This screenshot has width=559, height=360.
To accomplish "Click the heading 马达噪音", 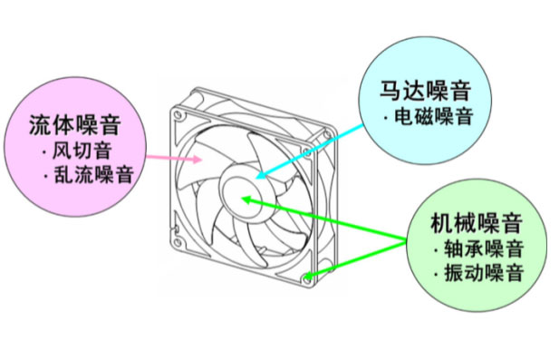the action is pyautogui.click(x=424, y=91).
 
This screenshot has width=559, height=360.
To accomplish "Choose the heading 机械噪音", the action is pyautogui.click(x=477, y=222).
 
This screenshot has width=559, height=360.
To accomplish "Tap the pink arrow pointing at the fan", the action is pyautogui.click(x=172, y=156).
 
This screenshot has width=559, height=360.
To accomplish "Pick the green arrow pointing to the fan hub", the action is pyautogui.click(x=326, y=218).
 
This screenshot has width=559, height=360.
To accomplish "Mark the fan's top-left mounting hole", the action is pyautogui.click(x=183, y=115).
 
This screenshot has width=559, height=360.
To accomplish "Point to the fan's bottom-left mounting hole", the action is pyautogui.click(x=185, y=242).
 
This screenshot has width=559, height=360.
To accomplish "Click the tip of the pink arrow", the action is pyautogui.click(x=204, y=161).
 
